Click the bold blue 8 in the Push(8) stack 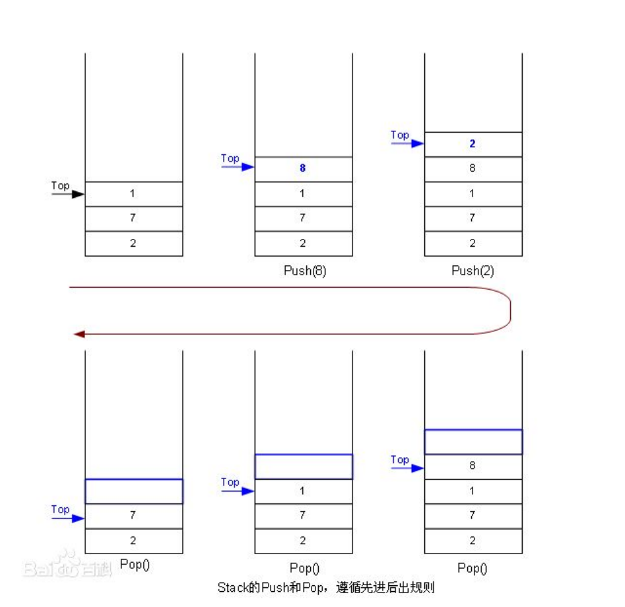pos(303,168)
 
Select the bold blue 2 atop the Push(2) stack pos(473,144)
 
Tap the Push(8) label pos(304,271)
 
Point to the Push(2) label pos(473,271)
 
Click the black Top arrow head pos(79,194)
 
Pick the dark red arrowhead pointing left pos(79,335)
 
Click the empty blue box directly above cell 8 pos(473,441)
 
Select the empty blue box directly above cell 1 pos(304,466)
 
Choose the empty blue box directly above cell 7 pos(134,491)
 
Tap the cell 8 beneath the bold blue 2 pos(473,168)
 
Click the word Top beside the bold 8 pos(230,158)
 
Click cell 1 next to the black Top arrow pos(134,194)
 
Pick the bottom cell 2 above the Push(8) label pos(303,243)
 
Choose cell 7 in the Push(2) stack pos(473,218)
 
